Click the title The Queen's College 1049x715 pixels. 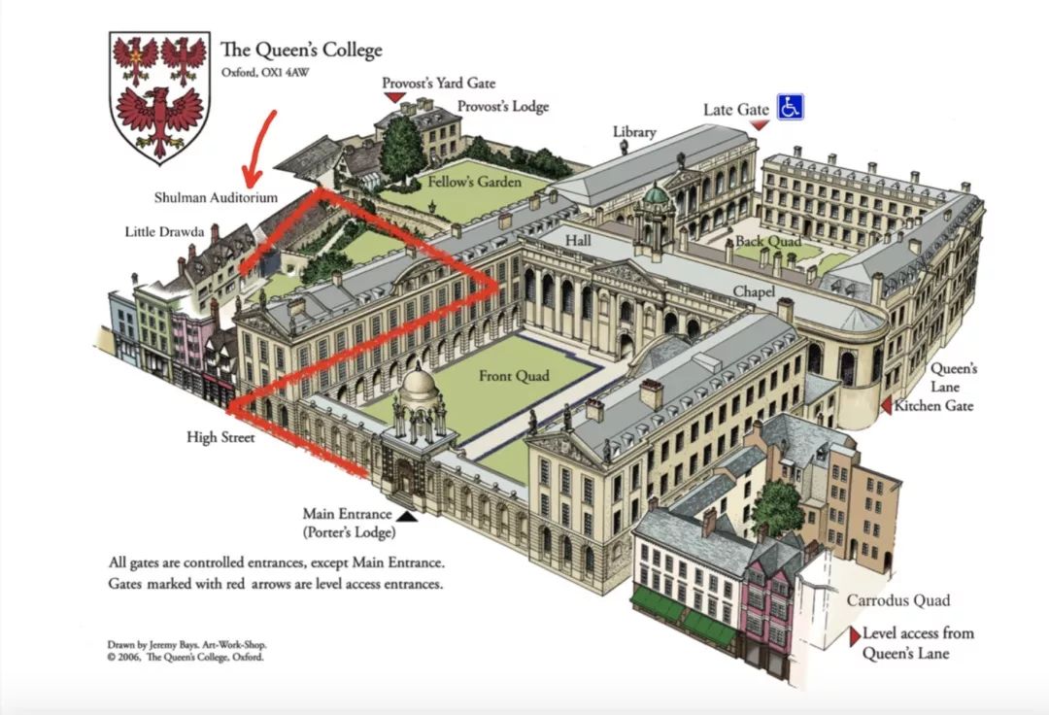pyautogui.click(x=301, y=51)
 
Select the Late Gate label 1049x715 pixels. pyautogui.click(x=735, y=110)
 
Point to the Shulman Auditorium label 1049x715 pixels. pyautogui.click(x=216, y=198)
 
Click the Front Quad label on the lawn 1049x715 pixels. pyautogui.click(x=514, y=377)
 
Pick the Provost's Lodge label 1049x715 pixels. pyautogui.click(x=503, y=107)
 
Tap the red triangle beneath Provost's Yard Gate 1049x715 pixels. pyautogui.click(x=394, y=98)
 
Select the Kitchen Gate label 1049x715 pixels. pyautogui.click(x=932, y=405)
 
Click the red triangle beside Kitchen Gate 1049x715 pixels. pyautogui.click(x=885, y=406)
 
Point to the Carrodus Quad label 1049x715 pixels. pyautogui.click(x=897, y=600)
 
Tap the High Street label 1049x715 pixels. pyautogui.click(x=220, y=438)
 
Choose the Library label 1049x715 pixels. pyautogui.click(x=634, y=132)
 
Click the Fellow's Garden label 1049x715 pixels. pyautogui.click(x=474, y=182)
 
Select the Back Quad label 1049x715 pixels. pyautogui.click(x=767, y=241)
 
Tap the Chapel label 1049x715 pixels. pyautogui.click(x=754, y=291)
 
